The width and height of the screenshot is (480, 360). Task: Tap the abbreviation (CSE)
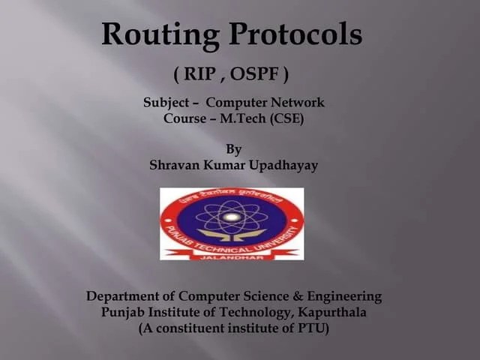click(287, 118)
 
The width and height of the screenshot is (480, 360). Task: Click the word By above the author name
click(233, 149)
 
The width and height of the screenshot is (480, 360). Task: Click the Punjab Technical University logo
click(232, 223)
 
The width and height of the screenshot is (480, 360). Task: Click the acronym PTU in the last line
click(310, 328)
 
